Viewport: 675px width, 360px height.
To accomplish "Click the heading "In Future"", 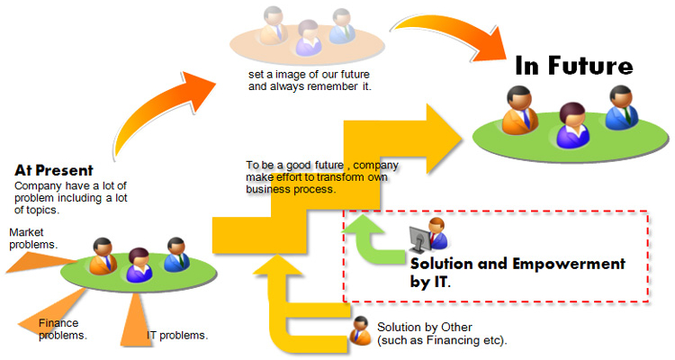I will [573, 67].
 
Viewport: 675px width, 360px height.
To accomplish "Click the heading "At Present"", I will [54, 170].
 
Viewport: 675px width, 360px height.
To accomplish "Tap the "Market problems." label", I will [33, 238].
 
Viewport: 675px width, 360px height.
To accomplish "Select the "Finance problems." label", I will [62, 328].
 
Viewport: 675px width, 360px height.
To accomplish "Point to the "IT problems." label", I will [177, 336].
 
